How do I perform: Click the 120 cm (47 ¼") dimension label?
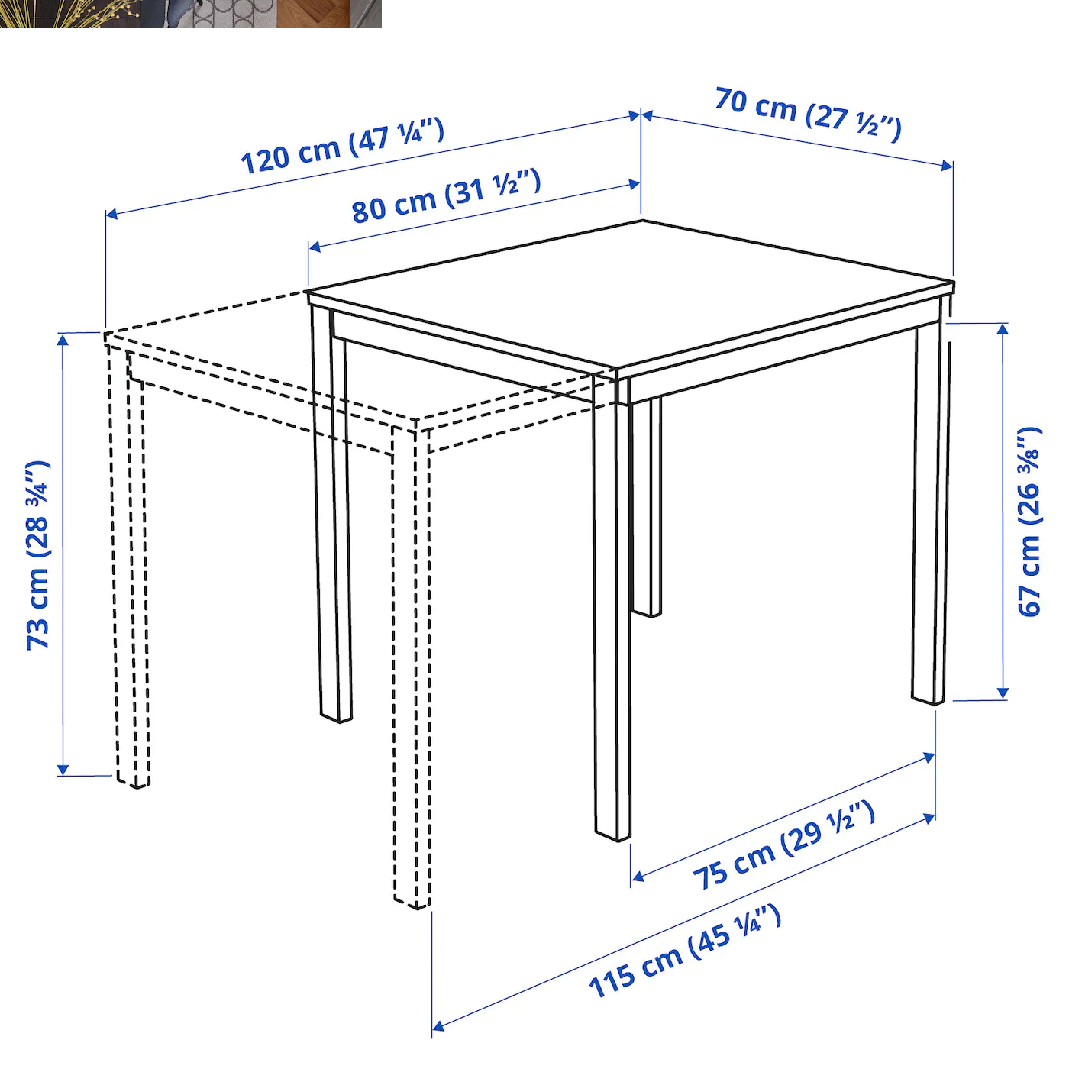click(x=342, y=147)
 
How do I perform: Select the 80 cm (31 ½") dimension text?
click(x=447, y=196)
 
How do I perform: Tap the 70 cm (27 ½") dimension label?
click(x=808, y=114)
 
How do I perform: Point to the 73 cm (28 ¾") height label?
click(x=37, y=555)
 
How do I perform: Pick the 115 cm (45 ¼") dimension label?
click(x=685, y=951)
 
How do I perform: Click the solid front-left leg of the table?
click(x=333, y=519)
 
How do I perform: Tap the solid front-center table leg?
click(x=612, y=611)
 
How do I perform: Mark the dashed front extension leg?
click(x=411, y=664)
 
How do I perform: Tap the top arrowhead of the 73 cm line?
click(x=63, y=338)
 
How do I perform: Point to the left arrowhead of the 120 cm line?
click(x=111, y=214)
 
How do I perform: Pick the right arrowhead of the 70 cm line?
click(x=948, y=165)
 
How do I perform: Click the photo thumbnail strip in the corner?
click(x=190, y=14)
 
